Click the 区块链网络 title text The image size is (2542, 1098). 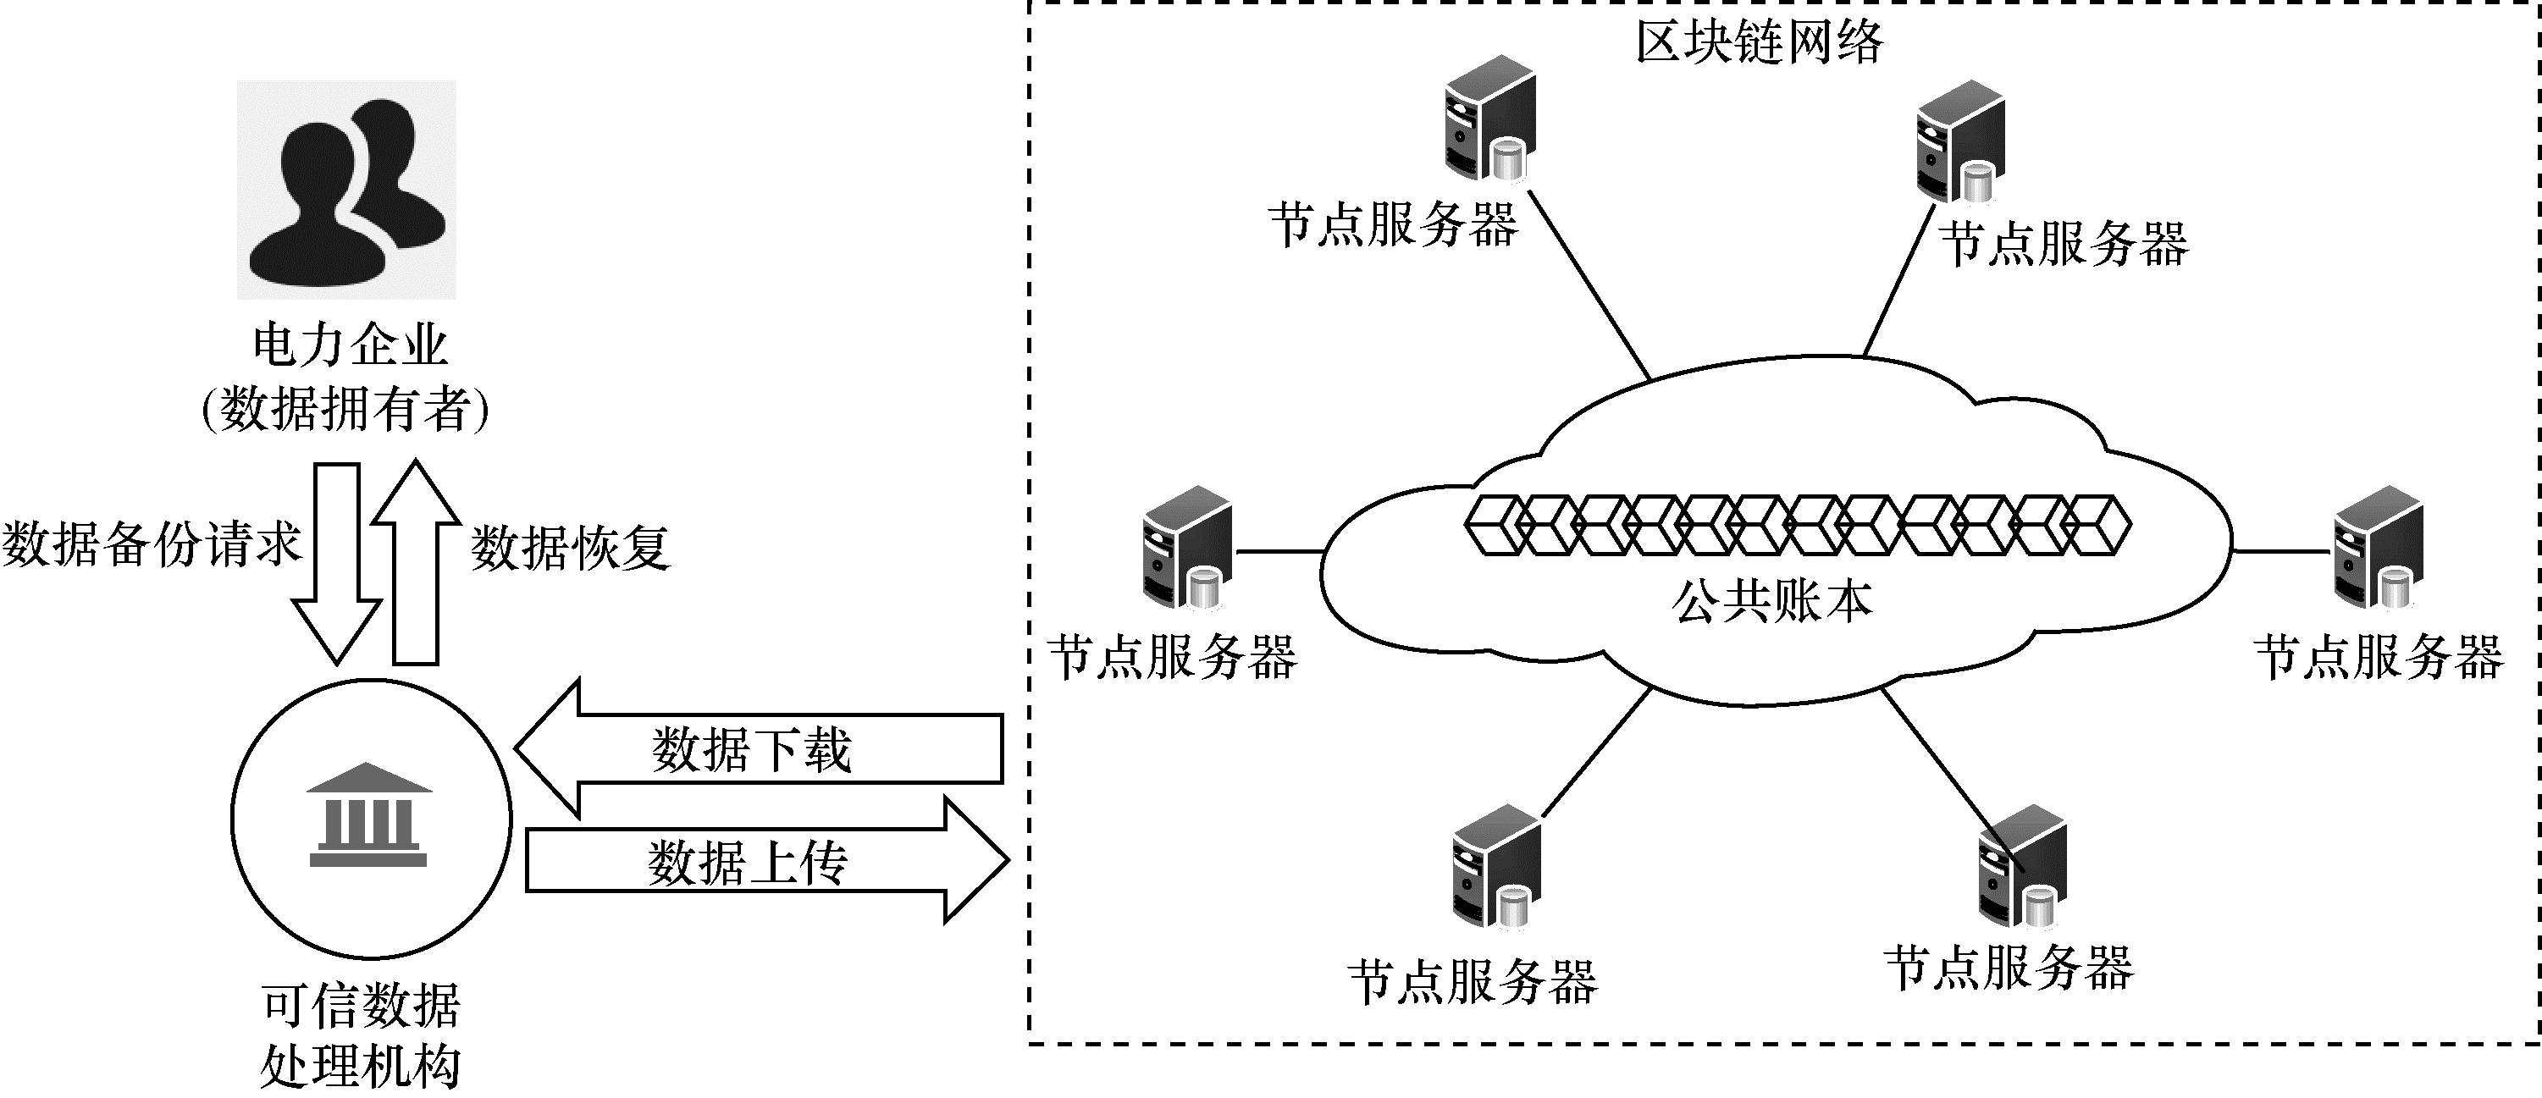(x=1759, y=41)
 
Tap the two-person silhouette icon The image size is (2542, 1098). (x=346, y=190)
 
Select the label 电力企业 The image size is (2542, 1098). (x=351, y=345)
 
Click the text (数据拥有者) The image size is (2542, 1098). (x=345, y=408)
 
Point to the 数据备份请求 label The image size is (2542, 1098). (x=151, y=543)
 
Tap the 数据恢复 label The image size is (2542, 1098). (x=571, y=548)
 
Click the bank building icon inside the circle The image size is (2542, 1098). (x=369, y=815)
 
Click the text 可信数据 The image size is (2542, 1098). (x=362, y=1005)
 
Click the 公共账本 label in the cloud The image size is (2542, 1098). (x=1772, y=601)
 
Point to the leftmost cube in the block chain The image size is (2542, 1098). (x=1492, y=524)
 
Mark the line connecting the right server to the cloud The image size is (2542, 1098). (x=2281, y=551)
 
